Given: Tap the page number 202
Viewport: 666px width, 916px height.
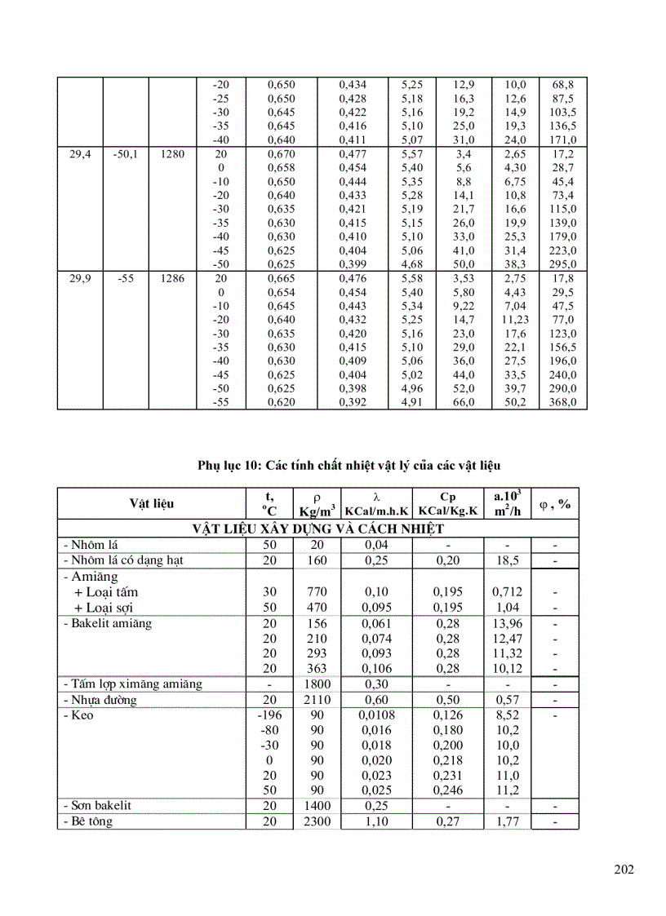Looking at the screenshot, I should (x=624, y=870).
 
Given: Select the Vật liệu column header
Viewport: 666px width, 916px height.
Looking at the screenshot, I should (x=151, y=504).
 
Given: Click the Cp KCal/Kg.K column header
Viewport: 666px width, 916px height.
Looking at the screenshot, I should (x=447, y=503).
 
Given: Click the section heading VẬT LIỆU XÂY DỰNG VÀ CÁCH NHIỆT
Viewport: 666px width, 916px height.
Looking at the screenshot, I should (x=318, y=529).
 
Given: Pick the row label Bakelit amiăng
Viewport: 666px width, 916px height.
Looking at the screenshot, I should (x=107, y=624).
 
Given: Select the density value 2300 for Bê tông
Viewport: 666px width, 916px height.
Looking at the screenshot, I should (x=317, y=821).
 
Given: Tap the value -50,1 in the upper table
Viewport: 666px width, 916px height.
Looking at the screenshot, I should (x=125, y=153).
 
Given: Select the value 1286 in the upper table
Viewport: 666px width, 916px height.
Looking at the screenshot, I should (x=172, y=278).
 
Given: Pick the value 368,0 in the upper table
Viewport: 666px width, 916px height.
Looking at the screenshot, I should (x=563, y=402).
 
